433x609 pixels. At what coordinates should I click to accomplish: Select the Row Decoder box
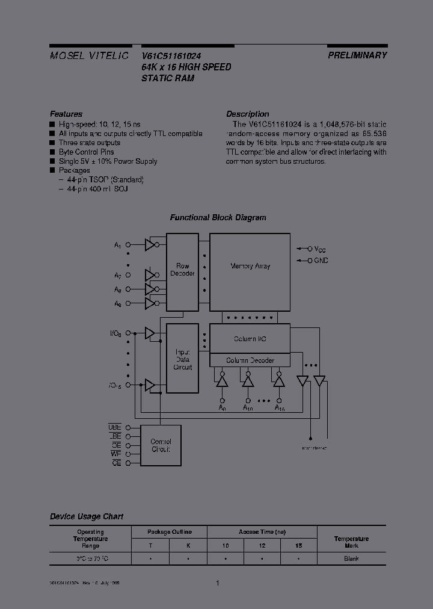point(182,270)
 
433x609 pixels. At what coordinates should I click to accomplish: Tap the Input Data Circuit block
point(182,359)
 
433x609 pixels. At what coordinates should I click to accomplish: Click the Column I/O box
point(250,339)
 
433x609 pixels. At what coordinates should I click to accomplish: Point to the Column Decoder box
point(250,360)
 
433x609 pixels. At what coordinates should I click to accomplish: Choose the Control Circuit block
point(160,446)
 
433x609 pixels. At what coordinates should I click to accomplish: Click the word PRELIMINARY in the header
point(357,55)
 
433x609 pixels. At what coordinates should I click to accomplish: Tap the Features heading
point(66,114)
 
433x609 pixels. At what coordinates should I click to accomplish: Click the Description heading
point(247,114)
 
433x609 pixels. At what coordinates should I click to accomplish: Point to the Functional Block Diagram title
point(218,218)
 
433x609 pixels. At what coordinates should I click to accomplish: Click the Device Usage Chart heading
point(86,516)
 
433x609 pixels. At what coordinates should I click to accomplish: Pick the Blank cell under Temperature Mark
point(351,559)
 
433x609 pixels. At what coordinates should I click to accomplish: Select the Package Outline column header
point(169,532)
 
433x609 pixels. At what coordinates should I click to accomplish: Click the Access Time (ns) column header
point(262,532)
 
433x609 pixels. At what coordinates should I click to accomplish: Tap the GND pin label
point(321,261)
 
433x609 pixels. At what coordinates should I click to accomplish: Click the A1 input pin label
point(118,246)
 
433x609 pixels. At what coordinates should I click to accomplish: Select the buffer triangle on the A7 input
point(150,276)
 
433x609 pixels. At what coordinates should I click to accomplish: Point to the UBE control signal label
point(115,427)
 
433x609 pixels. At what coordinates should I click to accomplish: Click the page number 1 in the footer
point(217,583)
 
